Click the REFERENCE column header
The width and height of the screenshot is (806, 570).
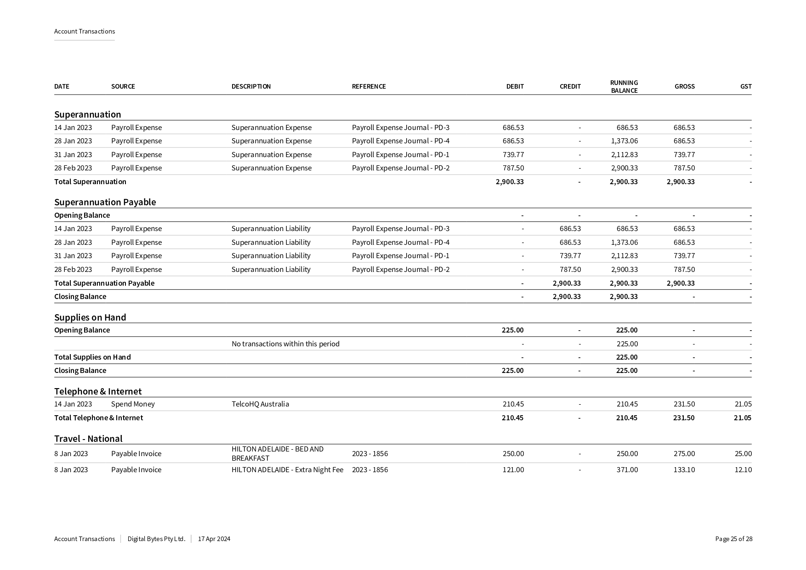pos(369,86)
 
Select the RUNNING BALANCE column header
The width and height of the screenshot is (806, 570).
pos(624,86)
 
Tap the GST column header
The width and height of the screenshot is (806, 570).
pos(745,86)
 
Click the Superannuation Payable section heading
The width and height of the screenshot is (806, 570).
pos(105,202)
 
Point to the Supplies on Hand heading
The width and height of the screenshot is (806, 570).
pos(90,317)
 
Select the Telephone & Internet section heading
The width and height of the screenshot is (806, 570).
pos(98,391)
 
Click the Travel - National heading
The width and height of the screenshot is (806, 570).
pos(88,439)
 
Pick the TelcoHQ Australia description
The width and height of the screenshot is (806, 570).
pos(260,404)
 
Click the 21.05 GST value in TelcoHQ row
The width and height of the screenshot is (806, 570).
pos(743,404)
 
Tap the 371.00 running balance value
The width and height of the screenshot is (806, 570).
pos(627,469)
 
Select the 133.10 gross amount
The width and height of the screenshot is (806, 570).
pos(684,469)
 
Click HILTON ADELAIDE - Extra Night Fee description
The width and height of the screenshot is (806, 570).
pos(287,469)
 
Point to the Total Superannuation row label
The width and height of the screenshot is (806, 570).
pos(90,181)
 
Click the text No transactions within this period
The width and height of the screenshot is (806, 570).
pos(285,344)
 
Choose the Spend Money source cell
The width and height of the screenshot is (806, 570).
pos(133,404)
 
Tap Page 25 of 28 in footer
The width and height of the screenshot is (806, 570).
pos(733,539)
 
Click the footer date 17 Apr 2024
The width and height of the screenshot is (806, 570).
pos(214,539)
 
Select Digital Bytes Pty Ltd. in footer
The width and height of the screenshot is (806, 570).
pos(156,539)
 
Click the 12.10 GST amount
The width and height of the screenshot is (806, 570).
pos(743,469)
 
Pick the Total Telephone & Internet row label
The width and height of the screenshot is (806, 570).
pos(98,418)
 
